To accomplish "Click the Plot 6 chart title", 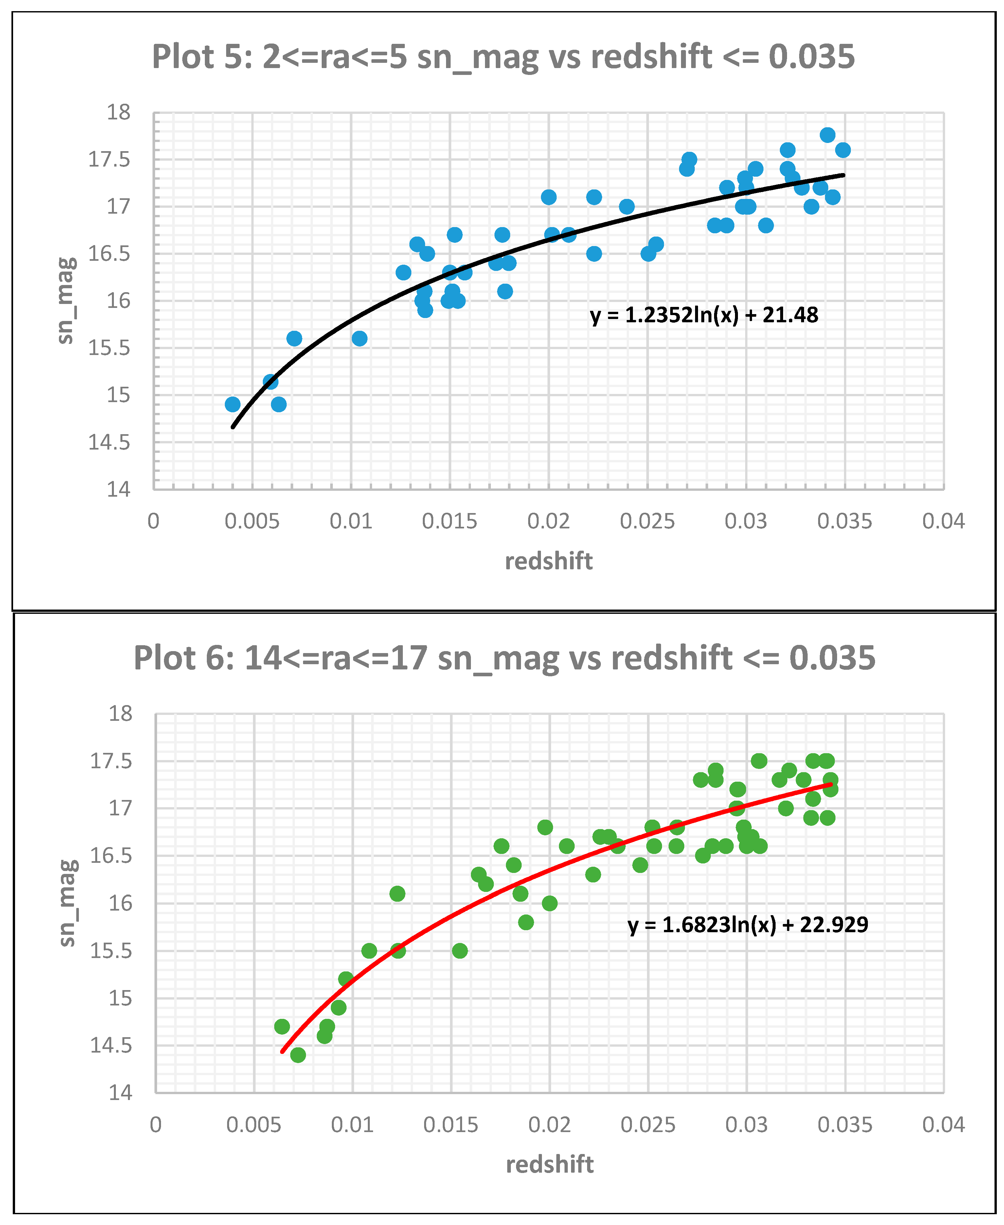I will (x=504, y=658).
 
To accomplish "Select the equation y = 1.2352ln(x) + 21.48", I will (x=704, y=315).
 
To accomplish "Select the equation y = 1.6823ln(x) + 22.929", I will (x=748, y=925).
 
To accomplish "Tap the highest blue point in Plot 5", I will (x=827, y=135).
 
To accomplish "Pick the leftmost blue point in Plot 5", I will (x=232, y=404).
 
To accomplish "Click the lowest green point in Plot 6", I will (x=298, y=1055).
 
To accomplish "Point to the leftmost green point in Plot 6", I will (x=282, y=1027).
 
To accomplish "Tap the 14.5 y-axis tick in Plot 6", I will (x=111, y=1046).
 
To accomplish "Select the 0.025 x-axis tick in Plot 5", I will (x=647, y=522).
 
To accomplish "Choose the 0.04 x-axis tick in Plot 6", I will (x=943, y=1125).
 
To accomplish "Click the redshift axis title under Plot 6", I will (x=549, y=1164).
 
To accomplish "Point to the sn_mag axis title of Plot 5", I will (x=65, y=301).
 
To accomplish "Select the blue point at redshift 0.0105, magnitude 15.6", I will (x=359, y=338).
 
